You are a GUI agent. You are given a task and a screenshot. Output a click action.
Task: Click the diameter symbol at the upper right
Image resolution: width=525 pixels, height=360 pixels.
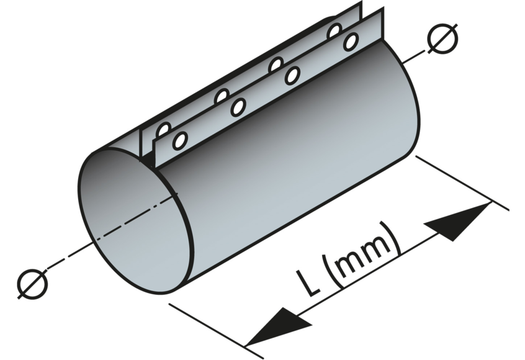pos(443,40)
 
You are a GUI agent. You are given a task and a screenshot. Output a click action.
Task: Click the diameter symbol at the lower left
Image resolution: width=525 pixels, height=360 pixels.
pos(33,284)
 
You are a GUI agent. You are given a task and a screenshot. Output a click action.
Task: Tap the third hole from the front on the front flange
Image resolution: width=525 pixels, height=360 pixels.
pos(292,76)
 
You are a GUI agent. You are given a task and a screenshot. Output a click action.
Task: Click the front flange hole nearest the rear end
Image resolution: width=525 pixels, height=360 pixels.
pos(351,42)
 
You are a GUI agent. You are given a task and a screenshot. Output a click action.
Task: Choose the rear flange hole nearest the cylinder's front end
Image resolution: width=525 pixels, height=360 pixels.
pos(164,130)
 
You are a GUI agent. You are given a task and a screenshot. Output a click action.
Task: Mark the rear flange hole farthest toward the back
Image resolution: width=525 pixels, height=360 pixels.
pos(335,30)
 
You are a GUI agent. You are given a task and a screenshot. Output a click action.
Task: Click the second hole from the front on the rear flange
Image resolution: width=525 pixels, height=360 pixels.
pos(222,97)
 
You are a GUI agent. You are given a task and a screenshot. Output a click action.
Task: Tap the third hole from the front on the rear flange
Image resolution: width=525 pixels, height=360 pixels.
pos(276,65)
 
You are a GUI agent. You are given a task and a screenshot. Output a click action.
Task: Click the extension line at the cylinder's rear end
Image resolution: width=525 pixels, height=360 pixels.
pos(462,183)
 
